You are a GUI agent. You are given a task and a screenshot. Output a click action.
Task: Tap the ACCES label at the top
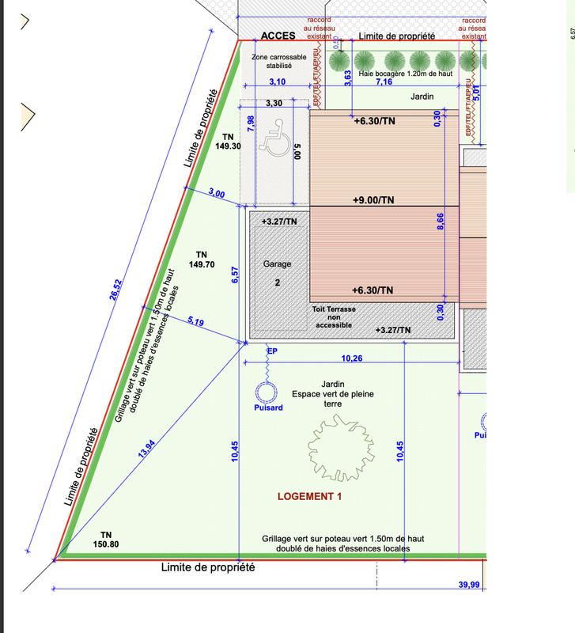point(278,36)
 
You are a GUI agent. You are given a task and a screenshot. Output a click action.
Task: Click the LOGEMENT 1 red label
point(309,497)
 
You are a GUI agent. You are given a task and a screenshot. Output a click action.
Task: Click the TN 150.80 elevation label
point(107,539)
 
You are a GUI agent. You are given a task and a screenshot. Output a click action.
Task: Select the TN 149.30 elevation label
point(227,141)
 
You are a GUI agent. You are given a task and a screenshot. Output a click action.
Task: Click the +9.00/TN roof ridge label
point(373,200)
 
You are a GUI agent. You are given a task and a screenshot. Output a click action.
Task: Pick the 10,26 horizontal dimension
point(352,358)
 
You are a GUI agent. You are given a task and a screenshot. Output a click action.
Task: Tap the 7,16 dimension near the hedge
point(384,82)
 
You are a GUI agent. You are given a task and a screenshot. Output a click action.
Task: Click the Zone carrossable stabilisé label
point(271,62)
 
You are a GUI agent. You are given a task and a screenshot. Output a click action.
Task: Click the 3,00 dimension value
point(216,194)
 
